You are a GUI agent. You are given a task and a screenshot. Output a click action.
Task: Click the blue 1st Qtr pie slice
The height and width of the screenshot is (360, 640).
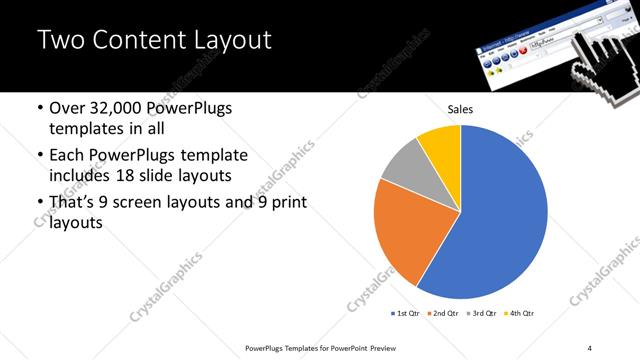(505, 220)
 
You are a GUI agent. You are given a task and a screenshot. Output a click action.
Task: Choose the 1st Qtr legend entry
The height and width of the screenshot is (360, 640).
(407, 313)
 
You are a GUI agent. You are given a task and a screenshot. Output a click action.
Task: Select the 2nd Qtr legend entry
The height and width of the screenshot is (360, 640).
(443, 313)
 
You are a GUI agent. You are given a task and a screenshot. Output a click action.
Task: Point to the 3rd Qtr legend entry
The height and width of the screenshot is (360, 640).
(481, 313)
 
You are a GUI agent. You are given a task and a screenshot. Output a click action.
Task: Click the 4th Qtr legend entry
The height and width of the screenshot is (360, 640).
(519, 313)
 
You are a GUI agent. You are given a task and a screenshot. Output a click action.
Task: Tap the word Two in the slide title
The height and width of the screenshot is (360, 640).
(61, 41)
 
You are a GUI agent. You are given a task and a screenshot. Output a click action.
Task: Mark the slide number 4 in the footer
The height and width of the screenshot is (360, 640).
(589, 347)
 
